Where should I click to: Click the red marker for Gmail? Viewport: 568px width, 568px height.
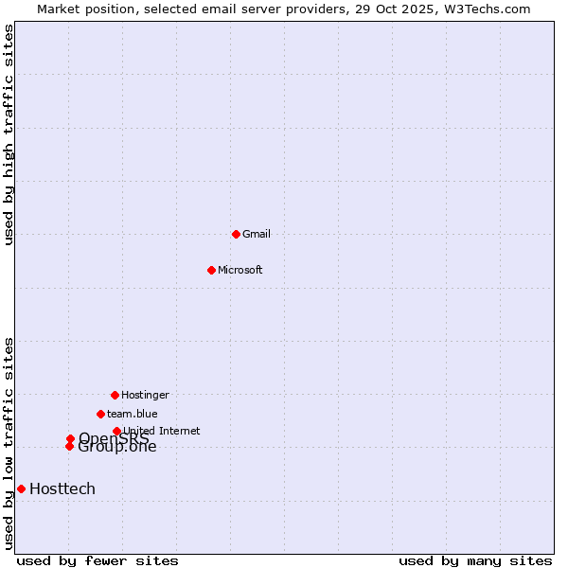236,234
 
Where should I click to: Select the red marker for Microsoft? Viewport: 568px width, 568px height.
211,270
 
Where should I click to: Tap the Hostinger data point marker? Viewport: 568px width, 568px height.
115,395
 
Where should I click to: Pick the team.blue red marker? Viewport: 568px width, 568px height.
100,414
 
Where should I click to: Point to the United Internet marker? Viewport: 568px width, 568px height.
116,431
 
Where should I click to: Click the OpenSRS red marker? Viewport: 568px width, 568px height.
70,438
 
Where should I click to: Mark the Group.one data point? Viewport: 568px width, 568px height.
69,446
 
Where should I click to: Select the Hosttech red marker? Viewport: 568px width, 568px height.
21,488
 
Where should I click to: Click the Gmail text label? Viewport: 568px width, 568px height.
257,234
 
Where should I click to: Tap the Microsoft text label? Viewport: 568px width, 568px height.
240,270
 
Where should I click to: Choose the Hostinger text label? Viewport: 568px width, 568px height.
145,395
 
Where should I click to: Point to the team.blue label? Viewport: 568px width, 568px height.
133,414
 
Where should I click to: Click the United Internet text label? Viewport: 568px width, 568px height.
162,431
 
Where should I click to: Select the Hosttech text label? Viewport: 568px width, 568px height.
62,488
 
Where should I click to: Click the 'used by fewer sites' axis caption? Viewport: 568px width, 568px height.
98,560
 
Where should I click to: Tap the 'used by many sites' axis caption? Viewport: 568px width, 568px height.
475,560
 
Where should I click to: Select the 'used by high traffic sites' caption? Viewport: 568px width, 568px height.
9,134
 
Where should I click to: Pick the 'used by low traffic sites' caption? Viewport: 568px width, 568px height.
9,443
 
